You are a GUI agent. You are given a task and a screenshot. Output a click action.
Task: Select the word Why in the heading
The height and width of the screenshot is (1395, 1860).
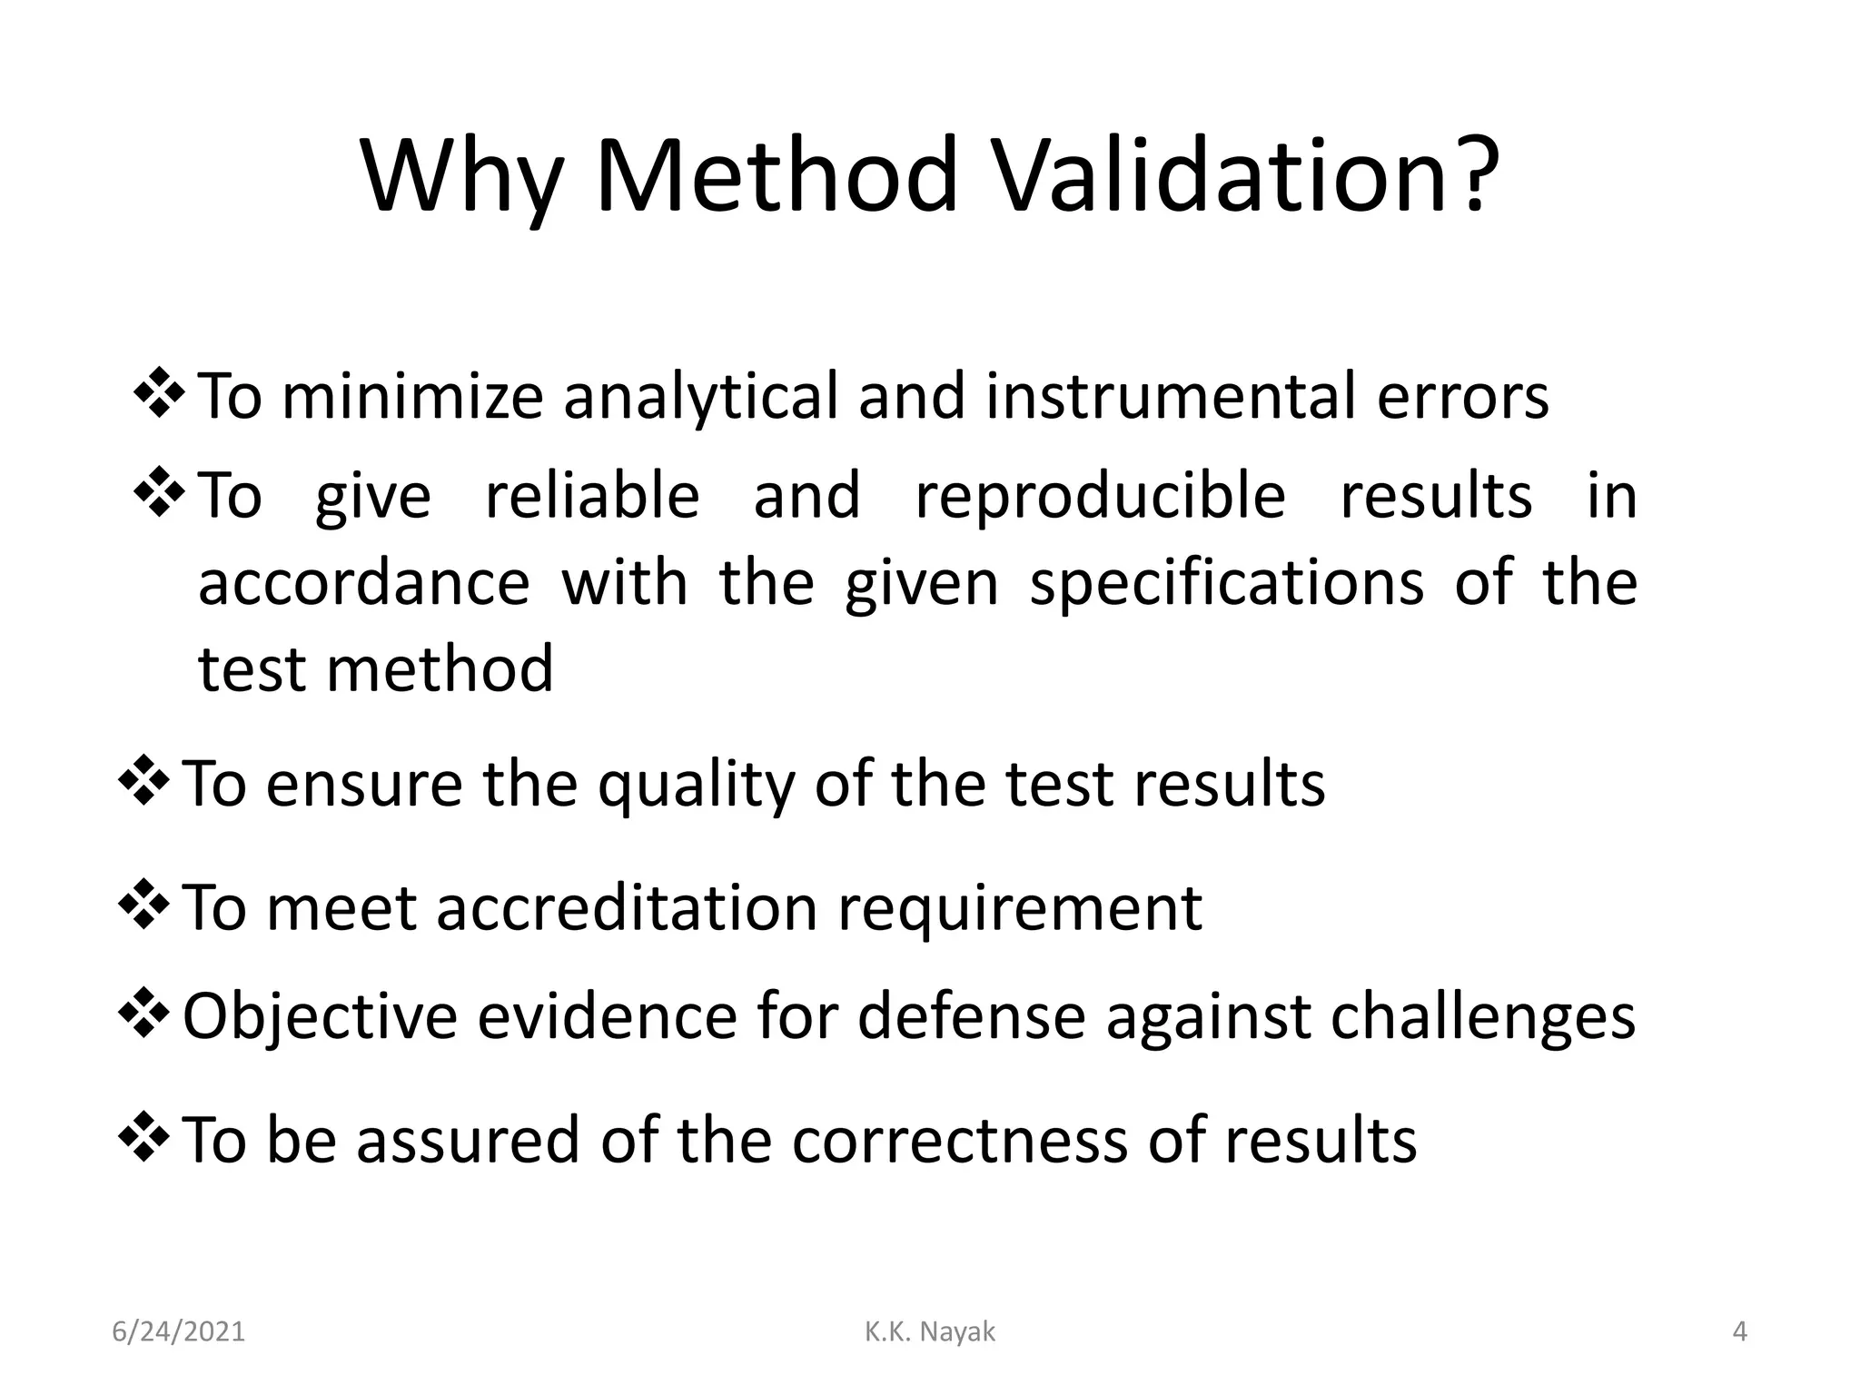point(461,177)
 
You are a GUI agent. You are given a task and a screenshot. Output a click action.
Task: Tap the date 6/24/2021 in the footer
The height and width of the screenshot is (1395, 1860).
point(179,1332)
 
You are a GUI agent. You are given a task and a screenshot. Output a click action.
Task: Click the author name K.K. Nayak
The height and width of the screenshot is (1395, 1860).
point(930,1332)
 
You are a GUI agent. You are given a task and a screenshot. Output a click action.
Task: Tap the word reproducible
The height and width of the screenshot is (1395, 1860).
point(1100,497)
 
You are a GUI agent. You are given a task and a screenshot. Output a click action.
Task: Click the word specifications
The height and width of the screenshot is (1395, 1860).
point(1226,583)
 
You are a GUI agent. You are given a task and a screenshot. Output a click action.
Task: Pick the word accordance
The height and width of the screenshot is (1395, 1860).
point(363,583)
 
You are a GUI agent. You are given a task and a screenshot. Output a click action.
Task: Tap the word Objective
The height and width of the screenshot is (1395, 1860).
point(320,1016)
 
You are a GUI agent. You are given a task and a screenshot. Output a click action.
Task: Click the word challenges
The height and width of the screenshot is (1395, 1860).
point(1482,1016)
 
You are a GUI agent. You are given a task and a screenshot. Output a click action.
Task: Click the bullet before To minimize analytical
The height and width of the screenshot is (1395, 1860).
point(160,392)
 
